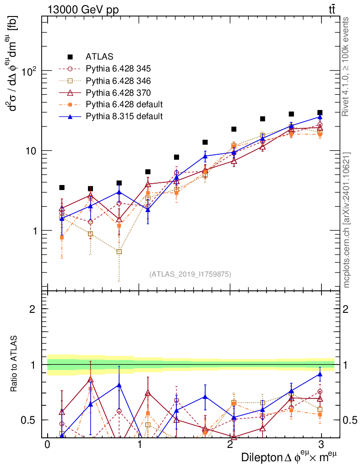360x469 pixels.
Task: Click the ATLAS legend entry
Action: (x=96, y=57)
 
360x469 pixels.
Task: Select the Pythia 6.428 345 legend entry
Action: (x=118, y=69)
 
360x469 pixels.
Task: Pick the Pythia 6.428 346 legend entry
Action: (x=118, y=81)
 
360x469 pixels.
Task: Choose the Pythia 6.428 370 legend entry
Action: (x=118, y=93)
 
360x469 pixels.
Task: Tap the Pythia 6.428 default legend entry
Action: (x=124, y=104)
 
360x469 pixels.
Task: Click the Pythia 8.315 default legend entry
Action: (x=124, y=116)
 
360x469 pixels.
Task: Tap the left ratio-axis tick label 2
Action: (x=32, y=309)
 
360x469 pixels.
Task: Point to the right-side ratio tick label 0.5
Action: (x=349, y=420)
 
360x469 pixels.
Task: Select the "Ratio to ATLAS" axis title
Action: (x=14, y=364)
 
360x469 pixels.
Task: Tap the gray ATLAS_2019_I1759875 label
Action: (x=190, y=274)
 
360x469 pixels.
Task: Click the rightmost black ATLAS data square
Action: (x=320, y=113)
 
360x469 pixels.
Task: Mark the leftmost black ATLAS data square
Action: (x=62, y=187)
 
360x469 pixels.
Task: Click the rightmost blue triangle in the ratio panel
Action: (x=320, y=374)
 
